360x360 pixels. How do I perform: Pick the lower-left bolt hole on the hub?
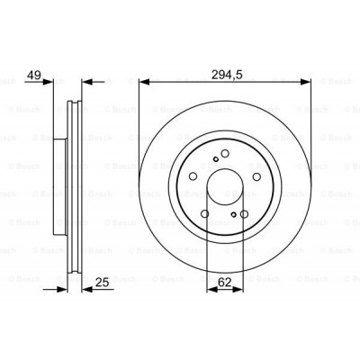(x=204, y=213)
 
